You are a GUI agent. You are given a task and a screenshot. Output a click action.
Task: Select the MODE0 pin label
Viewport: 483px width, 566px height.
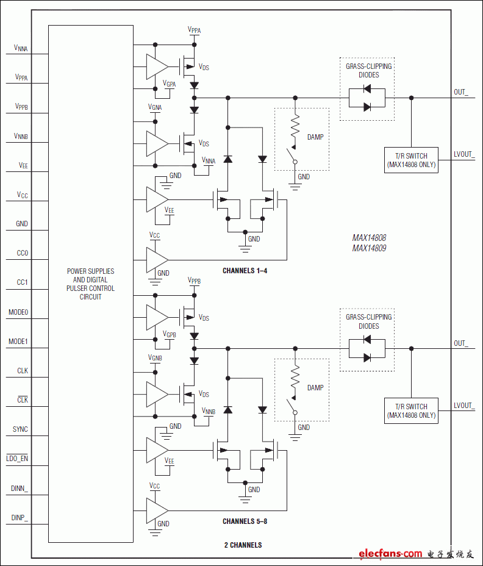[18, 312]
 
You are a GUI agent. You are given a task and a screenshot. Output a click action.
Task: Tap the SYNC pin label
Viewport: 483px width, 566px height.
[20, 429]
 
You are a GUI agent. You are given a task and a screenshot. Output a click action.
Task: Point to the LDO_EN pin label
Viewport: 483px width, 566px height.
[17, 458]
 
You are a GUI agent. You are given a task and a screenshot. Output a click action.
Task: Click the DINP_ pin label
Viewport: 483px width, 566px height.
[20, 517]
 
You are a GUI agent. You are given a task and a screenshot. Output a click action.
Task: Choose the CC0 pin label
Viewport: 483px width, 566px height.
[22, 253]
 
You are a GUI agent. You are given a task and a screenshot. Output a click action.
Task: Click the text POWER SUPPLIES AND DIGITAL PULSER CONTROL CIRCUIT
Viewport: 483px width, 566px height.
[90, 284]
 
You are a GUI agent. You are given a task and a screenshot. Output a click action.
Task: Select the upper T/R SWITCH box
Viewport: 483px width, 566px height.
[411, 160]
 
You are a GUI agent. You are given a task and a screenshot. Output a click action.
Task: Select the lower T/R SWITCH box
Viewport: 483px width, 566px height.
[411, 410]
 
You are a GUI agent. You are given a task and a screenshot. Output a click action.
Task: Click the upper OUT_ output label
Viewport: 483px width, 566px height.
[461, 92]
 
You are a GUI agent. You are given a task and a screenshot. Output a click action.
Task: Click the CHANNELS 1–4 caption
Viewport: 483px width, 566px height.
[245, 270]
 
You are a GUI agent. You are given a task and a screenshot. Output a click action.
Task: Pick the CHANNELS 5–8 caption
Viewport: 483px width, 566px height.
[245, 521]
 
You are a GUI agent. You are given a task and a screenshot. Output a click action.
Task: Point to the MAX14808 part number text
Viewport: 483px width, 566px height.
[369, 238]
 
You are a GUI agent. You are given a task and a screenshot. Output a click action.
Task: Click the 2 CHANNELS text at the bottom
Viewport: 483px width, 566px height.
[243, 545]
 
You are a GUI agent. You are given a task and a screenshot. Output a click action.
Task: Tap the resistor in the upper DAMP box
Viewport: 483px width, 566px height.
[296, 127]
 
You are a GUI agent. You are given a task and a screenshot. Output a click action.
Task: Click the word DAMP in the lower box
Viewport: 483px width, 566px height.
[315, 387]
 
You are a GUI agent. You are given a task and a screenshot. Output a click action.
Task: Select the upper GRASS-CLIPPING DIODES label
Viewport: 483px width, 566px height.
[368, 70]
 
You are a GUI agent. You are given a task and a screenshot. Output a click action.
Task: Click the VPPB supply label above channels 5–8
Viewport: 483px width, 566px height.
[194, 281]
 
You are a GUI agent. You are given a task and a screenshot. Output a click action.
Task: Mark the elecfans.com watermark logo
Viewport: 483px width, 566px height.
[390, 553]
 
